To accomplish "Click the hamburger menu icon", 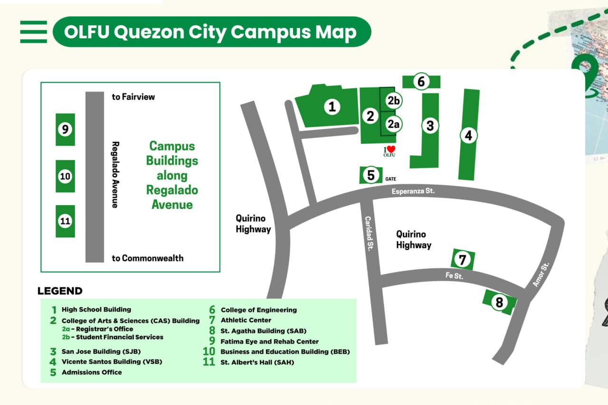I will [33, 32].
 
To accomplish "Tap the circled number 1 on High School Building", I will [332, 107].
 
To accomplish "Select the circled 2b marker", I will [394, 100].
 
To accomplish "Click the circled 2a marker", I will [394, 124].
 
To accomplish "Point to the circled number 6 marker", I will [421, 82].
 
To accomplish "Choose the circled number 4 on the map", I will [468, 136].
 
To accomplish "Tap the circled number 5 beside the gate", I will [371, 175].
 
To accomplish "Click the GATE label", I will [390, 179].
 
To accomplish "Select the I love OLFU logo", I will [389, 151].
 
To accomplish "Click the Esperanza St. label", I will [413, 191].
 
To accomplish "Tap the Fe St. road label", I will [454, 275].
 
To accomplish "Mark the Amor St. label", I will [541, 274].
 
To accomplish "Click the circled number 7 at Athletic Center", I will [462, 259].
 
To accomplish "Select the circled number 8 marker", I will [499, 302].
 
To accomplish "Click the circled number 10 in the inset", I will [65, 177].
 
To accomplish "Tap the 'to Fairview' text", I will [133, 97].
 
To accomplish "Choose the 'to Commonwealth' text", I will [147, 258].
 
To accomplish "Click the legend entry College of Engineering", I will [258, 310].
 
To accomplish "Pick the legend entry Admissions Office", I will [91, 372].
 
